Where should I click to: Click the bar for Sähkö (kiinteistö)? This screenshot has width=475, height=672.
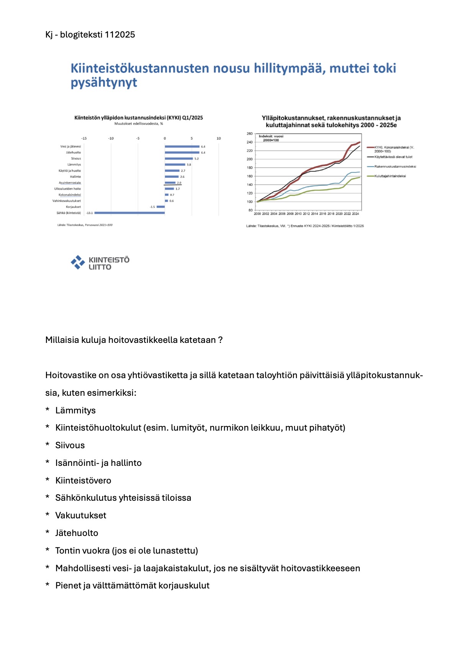coord(129,213)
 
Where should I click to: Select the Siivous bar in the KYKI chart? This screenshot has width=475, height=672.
coord(179,159)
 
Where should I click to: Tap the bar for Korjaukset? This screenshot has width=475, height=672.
coord(161,207)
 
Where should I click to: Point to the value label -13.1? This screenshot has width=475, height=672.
coord(89,213)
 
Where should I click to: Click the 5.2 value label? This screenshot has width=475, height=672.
coord(197,159)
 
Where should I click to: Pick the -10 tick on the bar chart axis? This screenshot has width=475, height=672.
coord(111,138)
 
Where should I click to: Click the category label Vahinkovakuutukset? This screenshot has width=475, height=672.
coord(67,201)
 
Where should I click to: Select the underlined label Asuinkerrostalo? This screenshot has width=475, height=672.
coord(70,183)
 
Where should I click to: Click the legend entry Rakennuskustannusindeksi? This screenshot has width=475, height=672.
coord(395,167)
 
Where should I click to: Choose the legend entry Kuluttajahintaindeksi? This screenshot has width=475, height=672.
coord(390,176)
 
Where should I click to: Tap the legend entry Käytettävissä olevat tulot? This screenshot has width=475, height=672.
coord(393,157)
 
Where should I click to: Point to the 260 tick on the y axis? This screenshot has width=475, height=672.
coord(250,134)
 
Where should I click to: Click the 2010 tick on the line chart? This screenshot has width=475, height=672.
coord(298,214)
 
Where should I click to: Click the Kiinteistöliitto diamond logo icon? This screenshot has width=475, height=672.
coord(78,262)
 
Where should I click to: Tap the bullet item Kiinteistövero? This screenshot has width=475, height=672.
coord(83,480)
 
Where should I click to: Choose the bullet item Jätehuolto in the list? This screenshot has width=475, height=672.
coord(77,533)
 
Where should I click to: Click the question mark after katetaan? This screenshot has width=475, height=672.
coord(220,340)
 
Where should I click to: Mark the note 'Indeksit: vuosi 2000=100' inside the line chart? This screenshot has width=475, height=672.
coord(271,138)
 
